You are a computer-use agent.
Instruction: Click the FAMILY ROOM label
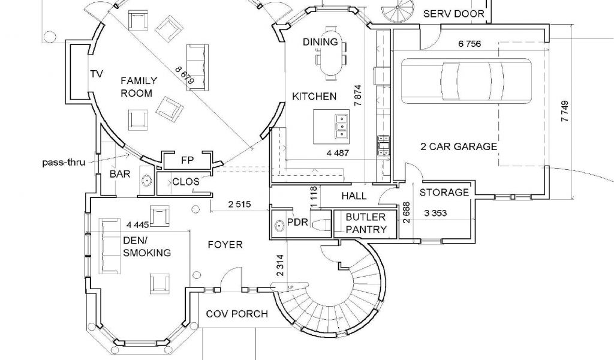pyautogui.click(x=139, y=87)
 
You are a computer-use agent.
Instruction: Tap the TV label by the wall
pyautogui.click(x=97, y=74)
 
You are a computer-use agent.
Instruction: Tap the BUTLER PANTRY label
pyautogui.click(x=366, y=223)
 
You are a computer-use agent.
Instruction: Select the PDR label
pyautogui.click(x=297, y=223)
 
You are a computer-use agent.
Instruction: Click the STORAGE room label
pyautogui.click(x=444, y=193)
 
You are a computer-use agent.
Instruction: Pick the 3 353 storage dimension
pyautogui.click(x=436, y=212)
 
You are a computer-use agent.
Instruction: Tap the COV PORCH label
pyautogui.click(x=237, y=314)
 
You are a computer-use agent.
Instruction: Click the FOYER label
pyautogui.click(x=225, y=245)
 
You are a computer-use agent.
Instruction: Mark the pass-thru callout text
pyautogui.click(x=62, y=162)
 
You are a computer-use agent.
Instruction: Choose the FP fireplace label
pyautogui.click(x=187, y=160)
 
